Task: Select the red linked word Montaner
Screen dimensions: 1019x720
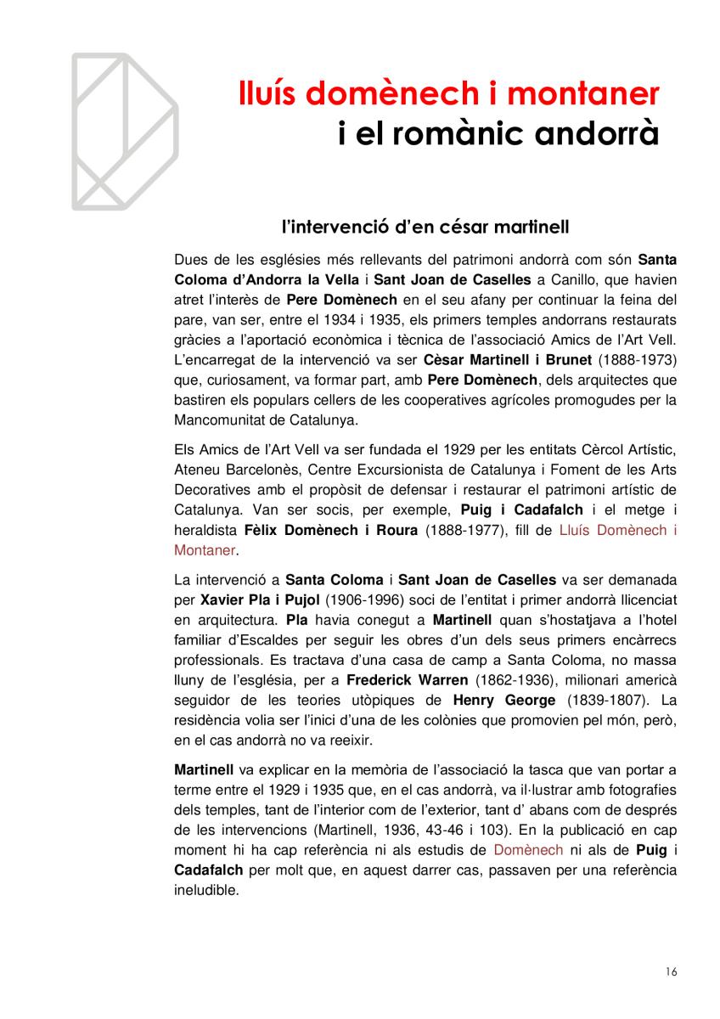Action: pos(204,550)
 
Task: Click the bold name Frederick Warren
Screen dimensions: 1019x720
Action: pos(407,679)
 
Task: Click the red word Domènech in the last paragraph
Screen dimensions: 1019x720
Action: pos(528,850)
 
